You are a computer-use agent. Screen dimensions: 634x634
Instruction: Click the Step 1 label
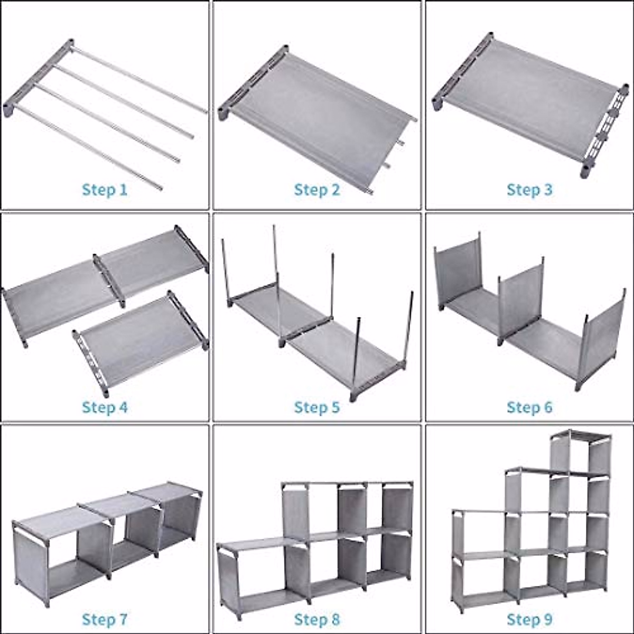pyautogui.click(x=105, y=190)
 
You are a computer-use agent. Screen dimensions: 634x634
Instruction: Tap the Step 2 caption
pyautogui.click(x=317, y=190)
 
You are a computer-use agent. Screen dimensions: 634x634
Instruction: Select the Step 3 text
pyautogui.click(x=529, y=190)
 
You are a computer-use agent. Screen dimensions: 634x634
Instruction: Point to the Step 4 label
pyautogui.click(x=105, y=407)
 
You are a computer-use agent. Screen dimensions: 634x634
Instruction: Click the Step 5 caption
pyautogui.click(x=317, y=407)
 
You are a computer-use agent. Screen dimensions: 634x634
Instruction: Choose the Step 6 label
pyautogui.click(x=529, y=407)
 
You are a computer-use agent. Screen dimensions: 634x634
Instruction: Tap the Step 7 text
pyautogui.click(x=105, y=619)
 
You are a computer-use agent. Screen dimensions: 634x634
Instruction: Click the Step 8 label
pyautogui.click(x=317, y=619)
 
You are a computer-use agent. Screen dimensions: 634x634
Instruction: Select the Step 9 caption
pyautogui.click(x=529, y=619)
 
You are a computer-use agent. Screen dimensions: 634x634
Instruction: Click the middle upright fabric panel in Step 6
pyautogui.click(x=520, y=301)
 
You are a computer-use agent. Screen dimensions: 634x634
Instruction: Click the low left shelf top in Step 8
pyautogui.click(x=254, y=544)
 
